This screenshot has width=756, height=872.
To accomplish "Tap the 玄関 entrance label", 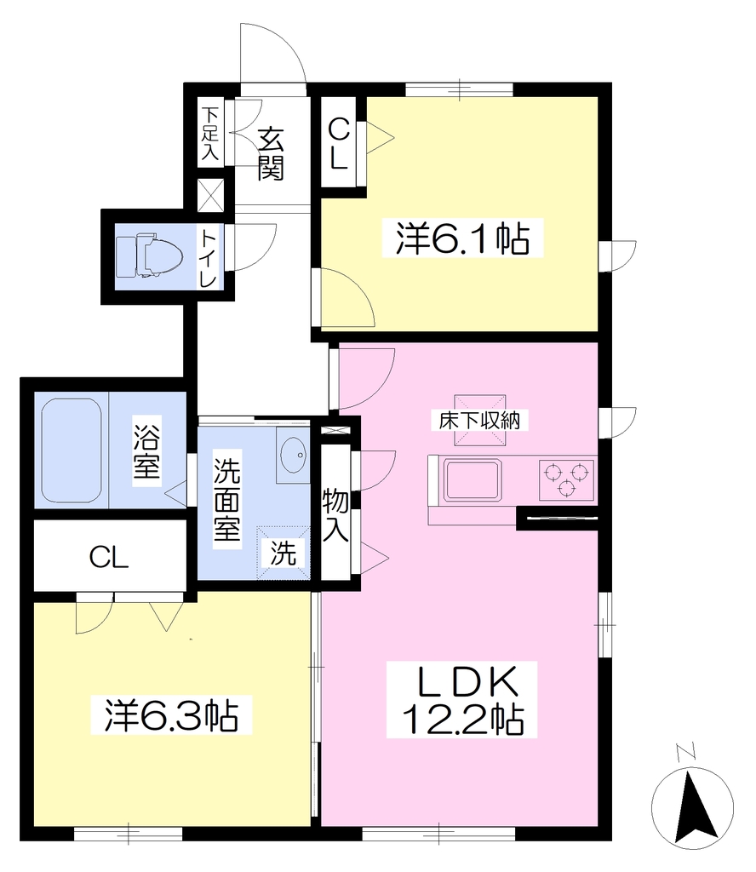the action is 271,154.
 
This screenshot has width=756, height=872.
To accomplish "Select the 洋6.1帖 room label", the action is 462,238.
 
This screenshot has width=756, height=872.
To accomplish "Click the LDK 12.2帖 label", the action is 462,699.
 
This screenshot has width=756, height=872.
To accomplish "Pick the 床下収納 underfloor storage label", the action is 479,421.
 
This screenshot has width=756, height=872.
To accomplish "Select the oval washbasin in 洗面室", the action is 293,455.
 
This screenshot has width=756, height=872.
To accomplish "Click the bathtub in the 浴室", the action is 72,450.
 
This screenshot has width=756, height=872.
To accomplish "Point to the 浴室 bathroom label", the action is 146,451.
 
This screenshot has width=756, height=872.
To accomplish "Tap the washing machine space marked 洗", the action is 283,553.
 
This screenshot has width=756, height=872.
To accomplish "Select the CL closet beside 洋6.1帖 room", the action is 339,143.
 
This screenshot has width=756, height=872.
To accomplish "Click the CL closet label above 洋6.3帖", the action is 109,557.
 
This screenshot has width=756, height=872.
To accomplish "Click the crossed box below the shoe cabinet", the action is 211,195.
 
